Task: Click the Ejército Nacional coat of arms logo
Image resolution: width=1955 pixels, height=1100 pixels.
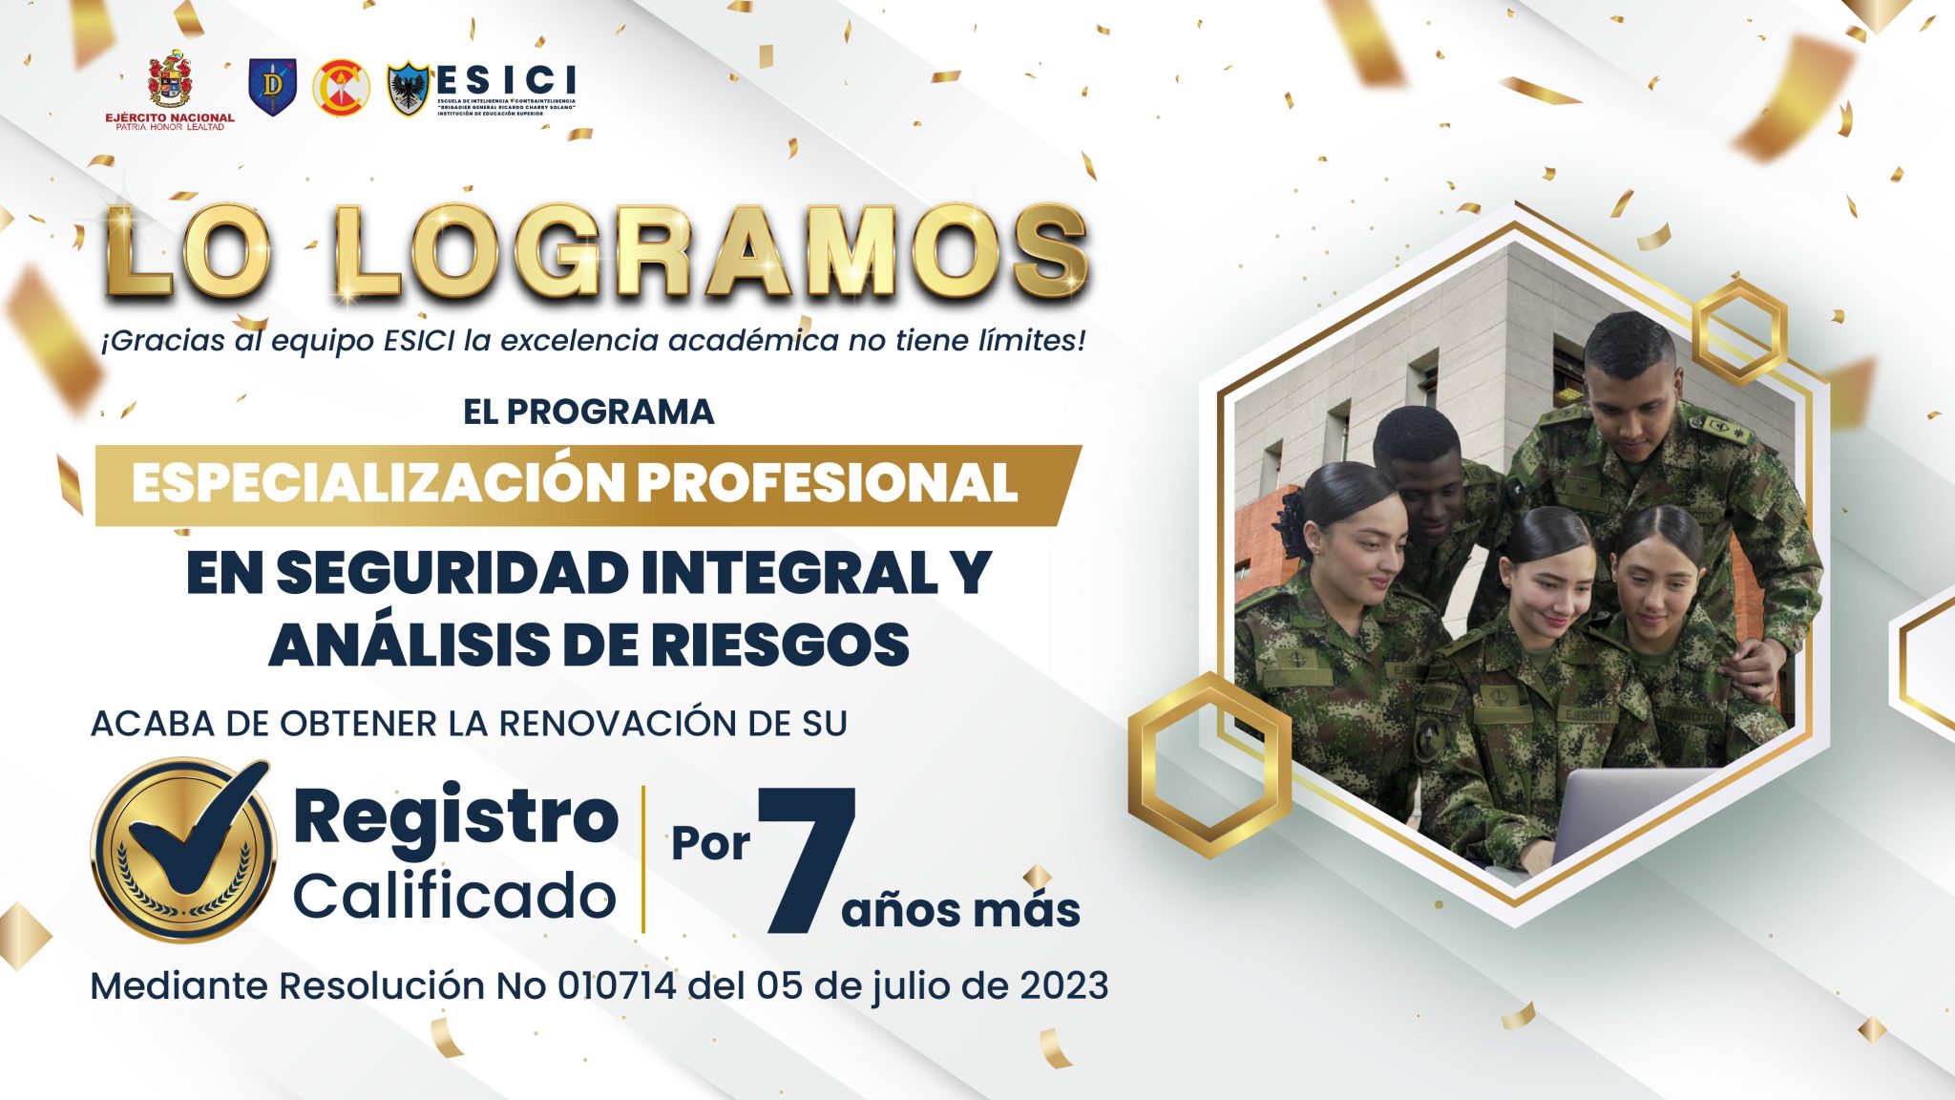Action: [169, 80]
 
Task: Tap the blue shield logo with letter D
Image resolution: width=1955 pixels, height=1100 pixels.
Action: [272, 87]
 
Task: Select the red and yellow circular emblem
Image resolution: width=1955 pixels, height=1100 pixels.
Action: [341, 87]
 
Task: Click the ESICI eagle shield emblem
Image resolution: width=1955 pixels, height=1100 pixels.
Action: [409, 88]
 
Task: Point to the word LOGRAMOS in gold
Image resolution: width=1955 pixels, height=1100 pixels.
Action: [711, 253]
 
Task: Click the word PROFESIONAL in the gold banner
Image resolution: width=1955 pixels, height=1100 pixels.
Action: [827, 483]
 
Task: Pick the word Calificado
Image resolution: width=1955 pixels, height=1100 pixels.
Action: [454, 897]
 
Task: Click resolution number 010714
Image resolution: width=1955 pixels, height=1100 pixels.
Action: [617, 985]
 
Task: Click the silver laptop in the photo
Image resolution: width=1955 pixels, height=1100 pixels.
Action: [1623, 812]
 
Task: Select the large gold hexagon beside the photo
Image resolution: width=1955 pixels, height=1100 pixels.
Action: [1209, 764]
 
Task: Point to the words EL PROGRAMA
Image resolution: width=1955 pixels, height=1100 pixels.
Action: [588, 412]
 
